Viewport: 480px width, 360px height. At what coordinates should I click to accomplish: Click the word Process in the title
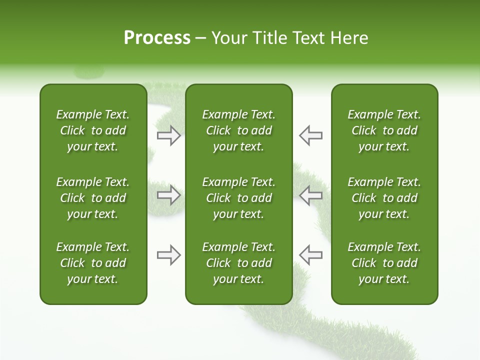coord(157,38)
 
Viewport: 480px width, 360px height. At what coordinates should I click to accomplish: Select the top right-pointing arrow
coord(169,135)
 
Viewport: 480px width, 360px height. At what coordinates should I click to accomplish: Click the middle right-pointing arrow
coord(169,195)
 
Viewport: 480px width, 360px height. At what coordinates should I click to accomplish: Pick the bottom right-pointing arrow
coord(169,255)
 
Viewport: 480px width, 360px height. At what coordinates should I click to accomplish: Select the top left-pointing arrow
coord(310,135)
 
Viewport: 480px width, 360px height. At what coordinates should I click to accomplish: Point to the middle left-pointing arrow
coord(310,195)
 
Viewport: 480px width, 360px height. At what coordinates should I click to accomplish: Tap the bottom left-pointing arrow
coord(310,255)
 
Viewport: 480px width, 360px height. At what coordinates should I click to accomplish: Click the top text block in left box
coord(93,130)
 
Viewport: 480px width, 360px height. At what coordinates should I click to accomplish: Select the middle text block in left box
coord(93,198)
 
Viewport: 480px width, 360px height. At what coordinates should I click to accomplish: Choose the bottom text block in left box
coord(93,263)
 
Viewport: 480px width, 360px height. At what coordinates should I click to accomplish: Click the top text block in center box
coord(238,130)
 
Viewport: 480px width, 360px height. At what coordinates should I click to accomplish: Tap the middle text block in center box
coord(238,198)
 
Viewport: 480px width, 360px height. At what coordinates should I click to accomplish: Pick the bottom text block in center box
coord(238,263)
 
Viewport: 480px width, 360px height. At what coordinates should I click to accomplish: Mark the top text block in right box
coord(384,130)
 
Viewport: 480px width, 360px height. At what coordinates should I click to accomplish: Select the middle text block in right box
coord(384,198)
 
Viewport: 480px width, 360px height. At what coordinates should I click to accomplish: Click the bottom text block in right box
coord(384,263)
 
